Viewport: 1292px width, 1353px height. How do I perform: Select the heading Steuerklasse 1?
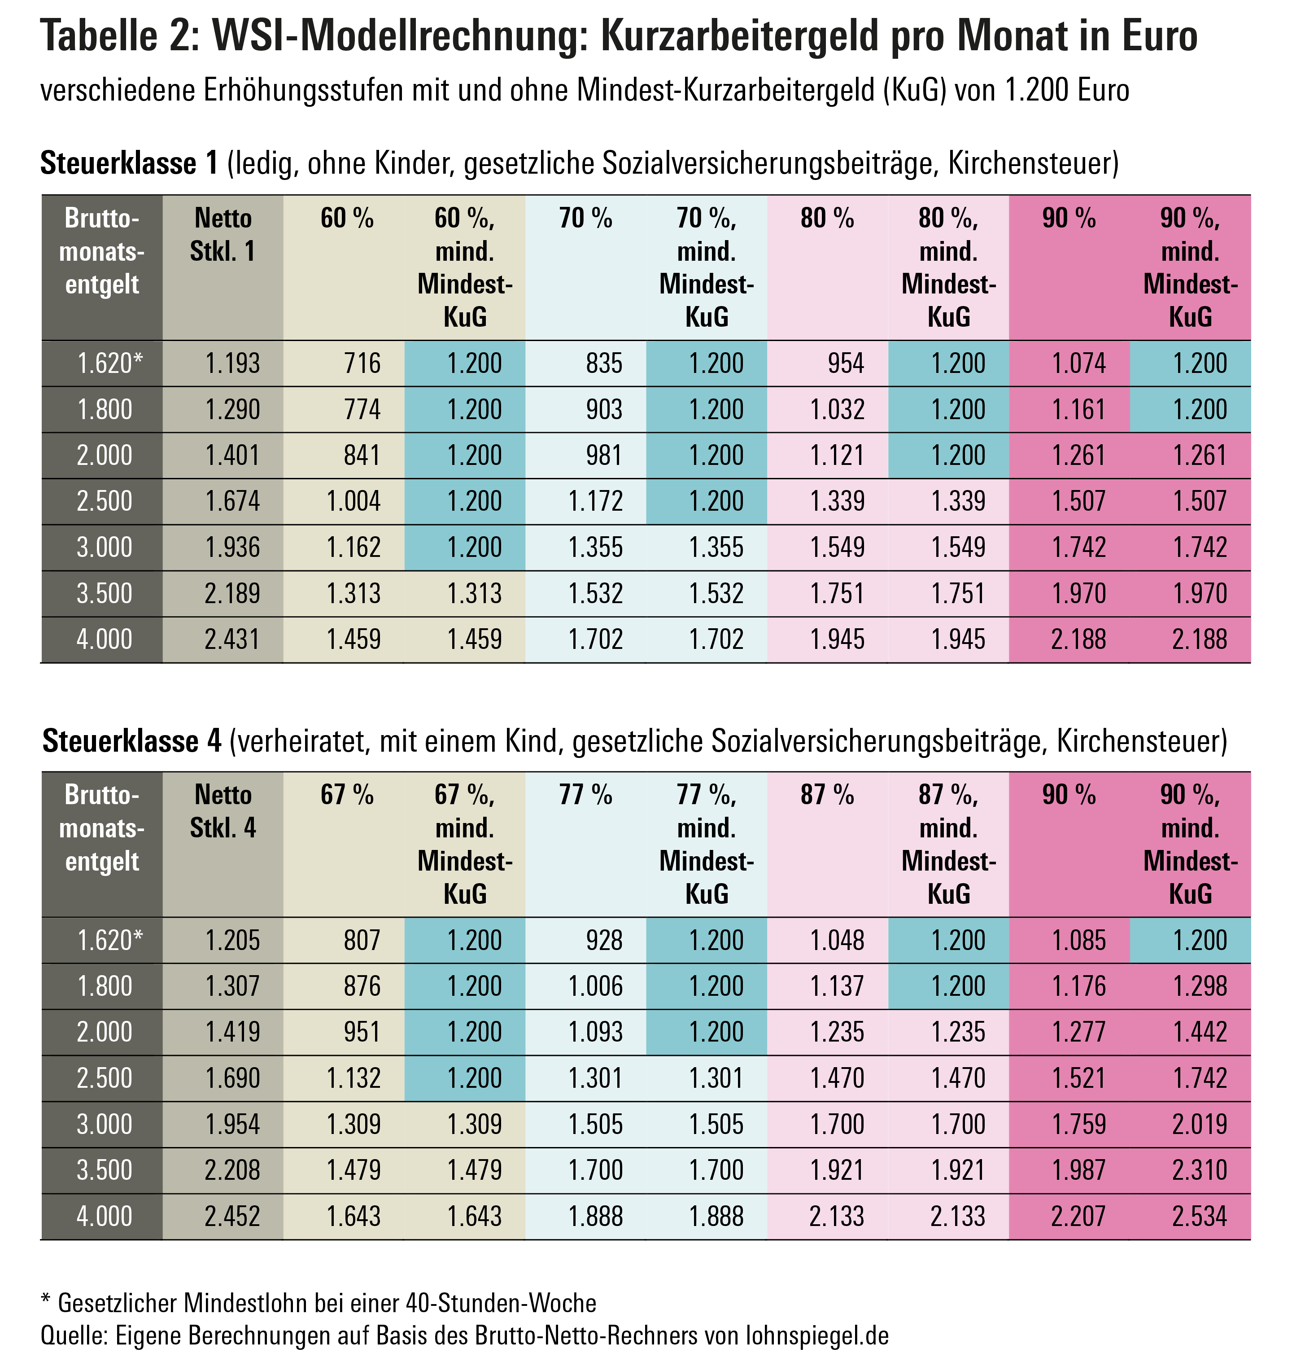(129, 163)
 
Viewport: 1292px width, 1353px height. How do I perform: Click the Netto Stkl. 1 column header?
(223, 235)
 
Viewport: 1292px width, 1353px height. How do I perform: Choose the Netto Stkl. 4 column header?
(223, 811)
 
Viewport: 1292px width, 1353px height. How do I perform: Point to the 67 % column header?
(346, 795)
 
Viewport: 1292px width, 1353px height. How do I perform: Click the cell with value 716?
(362, 363)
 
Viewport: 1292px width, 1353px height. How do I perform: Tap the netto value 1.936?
(233, 547)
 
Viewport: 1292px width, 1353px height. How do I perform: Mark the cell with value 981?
(604, 455)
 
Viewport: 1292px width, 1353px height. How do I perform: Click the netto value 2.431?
(233, 639)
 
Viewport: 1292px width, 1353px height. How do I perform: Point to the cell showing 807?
(362, 940)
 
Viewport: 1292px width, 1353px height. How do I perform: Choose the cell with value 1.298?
(1200, 986)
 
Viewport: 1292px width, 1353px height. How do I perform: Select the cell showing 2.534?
(1200, 1216)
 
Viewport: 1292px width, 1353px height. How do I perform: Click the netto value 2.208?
(233, 1170)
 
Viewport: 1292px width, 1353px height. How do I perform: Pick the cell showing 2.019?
(1200, 1124)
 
